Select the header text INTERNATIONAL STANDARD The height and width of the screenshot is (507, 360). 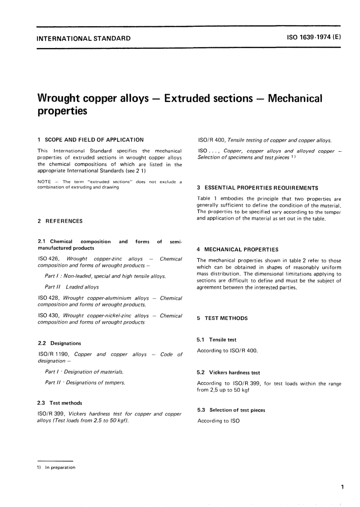[x=84, y=38]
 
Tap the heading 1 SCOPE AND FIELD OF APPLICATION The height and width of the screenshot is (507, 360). [x=91, y=140]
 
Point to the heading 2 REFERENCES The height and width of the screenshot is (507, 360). [x=60, y=221]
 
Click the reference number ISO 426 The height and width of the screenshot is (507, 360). [x=47, y=259]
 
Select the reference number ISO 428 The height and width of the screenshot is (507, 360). [x=47, y=298]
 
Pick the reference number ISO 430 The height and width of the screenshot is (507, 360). [x=47, y=316]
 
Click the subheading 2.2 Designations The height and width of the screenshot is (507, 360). [x=59, y=343]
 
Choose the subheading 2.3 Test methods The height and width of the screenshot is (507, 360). [x=60, y=403]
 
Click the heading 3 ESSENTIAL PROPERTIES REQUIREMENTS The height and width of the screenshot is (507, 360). [x=257, y=188]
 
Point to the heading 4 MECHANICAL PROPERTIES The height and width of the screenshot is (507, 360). [x=238, y=250]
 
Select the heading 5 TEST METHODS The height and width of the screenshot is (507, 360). [x=222, y=318]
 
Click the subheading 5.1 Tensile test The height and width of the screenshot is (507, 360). [x=216, y=340]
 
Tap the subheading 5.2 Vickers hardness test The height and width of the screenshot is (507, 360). [x=228, y=373]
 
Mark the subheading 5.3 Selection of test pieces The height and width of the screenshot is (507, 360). [x=231, y=410]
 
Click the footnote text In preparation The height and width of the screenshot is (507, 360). [x=60, y=468]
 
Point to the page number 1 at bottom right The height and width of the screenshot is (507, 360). [x=342, y=487]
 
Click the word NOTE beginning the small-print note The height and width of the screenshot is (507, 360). [x=44, y=182]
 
